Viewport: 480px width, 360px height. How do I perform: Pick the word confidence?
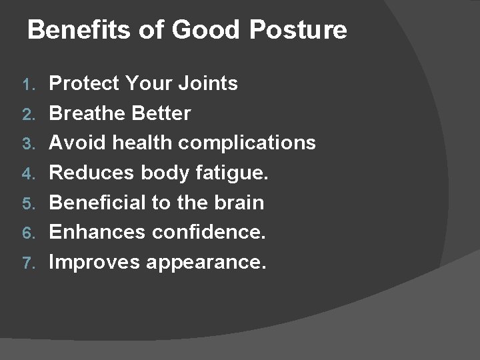(x=209, y=232)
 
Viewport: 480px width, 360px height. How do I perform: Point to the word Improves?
(x=95, y=262)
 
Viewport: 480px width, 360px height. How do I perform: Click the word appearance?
(x=207, y=263)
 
